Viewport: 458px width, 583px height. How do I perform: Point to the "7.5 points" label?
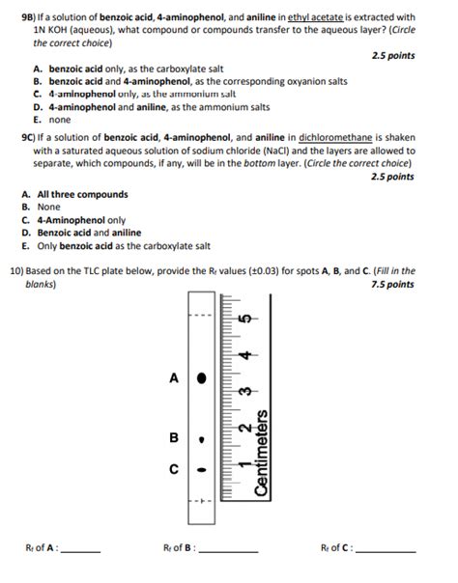click(394, 285)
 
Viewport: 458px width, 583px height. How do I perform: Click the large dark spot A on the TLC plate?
click(200, 378)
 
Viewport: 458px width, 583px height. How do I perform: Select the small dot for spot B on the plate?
click(200, 437)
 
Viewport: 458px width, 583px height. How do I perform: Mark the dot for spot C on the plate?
click(200, 470)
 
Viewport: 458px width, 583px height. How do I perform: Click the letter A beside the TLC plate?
click(174, 378)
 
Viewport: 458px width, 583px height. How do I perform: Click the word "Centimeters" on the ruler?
click(260, 454)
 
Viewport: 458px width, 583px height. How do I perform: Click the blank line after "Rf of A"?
click(81, 550)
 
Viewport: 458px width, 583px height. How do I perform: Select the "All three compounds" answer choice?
click(81, 195)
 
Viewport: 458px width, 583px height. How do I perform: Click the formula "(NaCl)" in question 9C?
click(279, 152)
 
